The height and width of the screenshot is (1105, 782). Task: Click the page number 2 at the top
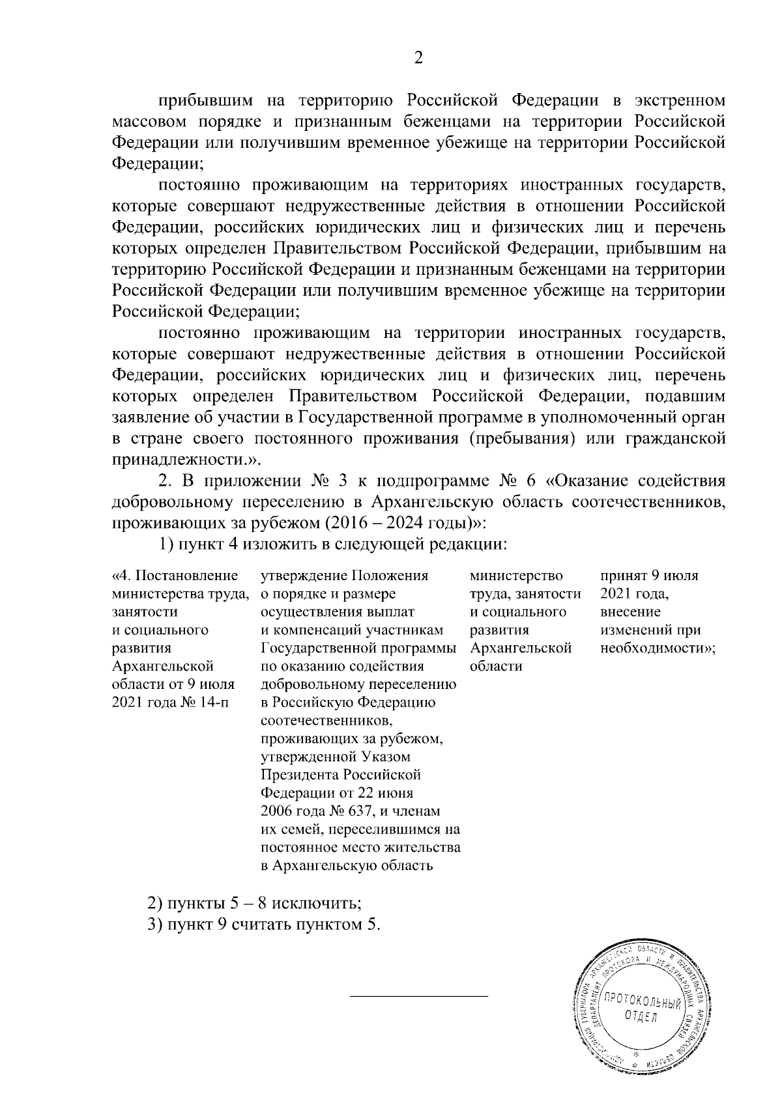click(x=418, y=59)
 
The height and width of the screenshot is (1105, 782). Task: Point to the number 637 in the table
click(x=356, y=811)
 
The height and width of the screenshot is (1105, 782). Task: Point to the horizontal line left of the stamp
click(x=419, y=996)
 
